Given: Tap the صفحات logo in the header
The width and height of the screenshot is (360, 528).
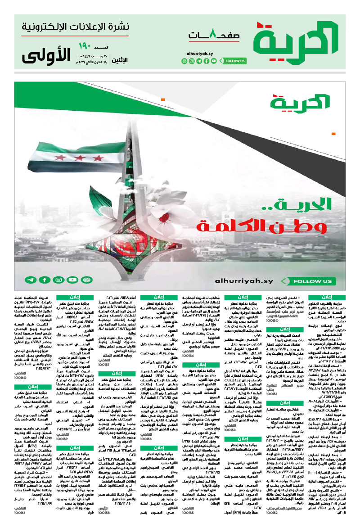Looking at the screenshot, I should [x=213, y=36].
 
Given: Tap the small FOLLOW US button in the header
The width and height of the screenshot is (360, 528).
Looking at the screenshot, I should [x=234, y=61].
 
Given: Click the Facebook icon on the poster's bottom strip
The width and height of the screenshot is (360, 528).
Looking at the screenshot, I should [x=45, y=280].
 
